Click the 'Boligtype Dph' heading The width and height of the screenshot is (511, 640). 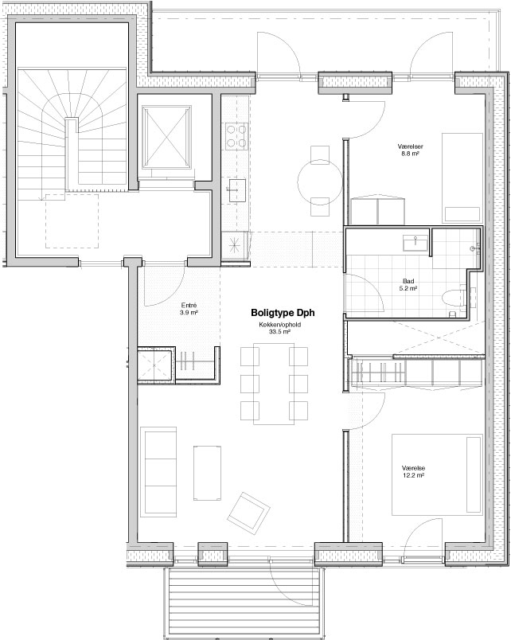click(283, 313)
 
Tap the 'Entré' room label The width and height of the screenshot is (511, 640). click(189, 306)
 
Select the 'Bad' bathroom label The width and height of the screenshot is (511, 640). click(408, 281)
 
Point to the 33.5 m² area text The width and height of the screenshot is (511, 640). click(279, 332)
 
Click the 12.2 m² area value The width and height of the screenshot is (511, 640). click(413, 475)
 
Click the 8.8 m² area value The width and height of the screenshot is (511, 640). click(410, 154)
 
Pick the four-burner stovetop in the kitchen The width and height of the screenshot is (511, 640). click(236, 135)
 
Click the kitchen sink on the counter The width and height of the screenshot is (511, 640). click(236, 190)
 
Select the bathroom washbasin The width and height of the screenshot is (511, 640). click(415, 244)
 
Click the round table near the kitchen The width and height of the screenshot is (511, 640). click(320, 181)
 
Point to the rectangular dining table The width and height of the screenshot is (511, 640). click(274, 384)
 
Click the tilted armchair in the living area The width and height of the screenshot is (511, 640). click(248, 513)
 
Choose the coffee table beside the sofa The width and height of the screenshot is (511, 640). click(207, 473)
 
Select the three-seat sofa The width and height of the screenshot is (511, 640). click(158, 472)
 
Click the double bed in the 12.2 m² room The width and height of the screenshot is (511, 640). click(437, 474)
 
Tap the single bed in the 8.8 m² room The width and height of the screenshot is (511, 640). click(462, 178)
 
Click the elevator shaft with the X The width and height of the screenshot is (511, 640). click(166, 138)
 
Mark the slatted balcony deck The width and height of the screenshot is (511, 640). click(244, 602)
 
